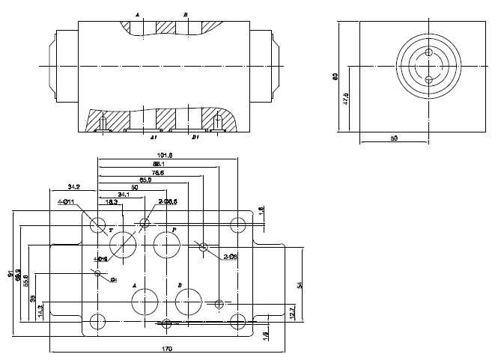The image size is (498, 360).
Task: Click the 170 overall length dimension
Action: coord(167,349)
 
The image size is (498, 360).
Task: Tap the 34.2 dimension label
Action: coord(74,186)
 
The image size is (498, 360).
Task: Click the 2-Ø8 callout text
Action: coord(231,257)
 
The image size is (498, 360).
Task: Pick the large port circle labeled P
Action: coord(165,243)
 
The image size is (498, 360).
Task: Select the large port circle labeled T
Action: coord(123,244)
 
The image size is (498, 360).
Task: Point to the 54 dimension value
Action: coord(300,284)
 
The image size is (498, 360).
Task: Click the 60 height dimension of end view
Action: coord(335,76)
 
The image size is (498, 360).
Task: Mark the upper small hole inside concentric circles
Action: coord(428,53)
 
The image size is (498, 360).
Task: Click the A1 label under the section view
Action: coord(153,138)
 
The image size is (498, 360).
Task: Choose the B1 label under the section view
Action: coord(195,138)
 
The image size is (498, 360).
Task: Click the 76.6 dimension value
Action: coord(157,172)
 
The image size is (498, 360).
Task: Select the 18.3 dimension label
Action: coord(112,202)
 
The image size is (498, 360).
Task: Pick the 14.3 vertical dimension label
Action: coord(41,308)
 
